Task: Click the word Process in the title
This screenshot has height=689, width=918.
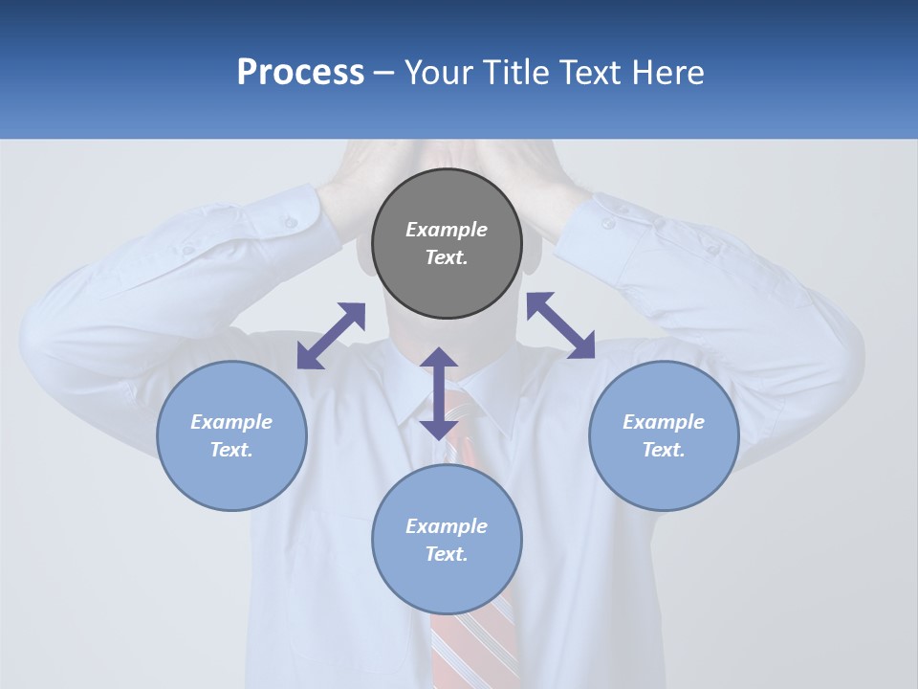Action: [x=300, y=73]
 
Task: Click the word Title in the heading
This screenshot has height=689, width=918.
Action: [x=514, y=73]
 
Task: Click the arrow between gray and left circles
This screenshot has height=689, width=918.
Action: [x=331, y=336]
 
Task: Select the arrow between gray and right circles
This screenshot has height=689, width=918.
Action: [x=560, y=325]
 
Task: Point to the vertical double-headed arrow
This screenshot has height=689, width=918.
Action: [x=438, y=393]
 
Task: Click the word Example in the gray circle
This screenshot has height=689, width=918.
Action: [x=447, y=230]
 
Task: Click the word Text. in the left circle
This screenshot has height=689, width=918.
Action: [x=231, y=450]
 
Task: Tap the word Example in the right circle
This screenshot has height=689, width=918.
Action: [x=664, y=422]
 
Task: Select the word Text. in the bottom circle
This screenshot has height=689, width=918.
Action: [x=447, y=554]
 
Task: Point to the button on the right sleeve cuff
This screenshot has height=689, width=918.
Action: [x=608, y=223]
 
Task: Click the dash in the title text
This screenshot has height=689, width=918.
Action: [x=384, y=73]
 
